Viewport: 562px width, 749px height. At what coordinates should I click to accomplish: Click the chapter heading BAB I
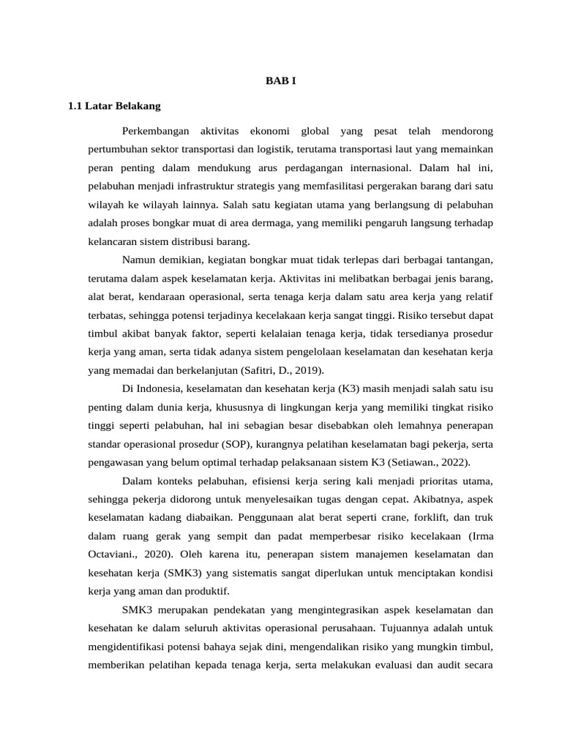[280, 81]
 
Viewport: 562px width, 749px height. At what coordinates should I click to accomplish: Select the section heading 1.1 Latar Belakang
[113, 107]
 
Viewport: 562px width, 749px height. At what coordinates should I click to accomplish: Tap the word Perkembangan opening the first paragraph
[156, 132]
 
